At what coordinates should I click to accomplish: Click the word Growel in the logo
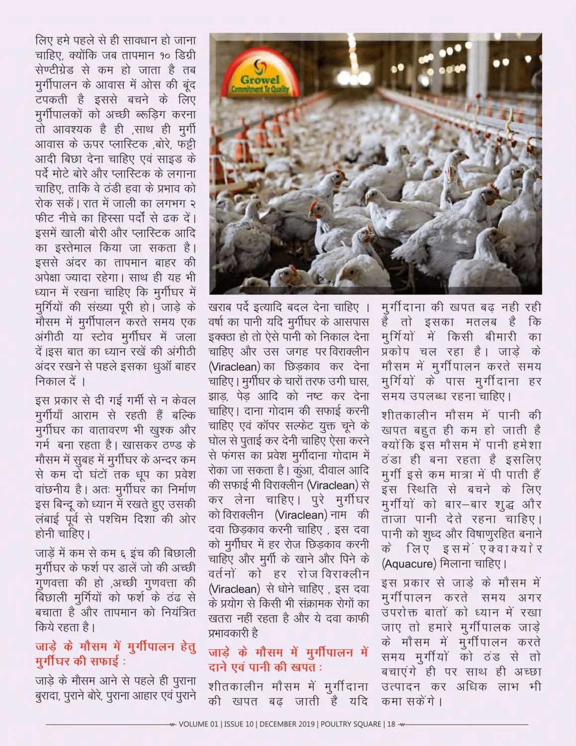pyautogui.click(x=260, y=80)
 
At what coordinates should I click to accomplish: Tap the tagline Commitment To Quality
pyautogui.click(x=260, y=90)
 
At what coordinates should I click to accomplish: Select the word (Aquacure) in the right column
pyautogui.click(x=409, y=564)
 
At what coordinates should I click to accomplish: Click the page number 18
pyautogui.click(x=391, y=724)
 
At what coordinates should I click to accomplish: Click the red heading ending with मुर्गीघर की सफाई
pyautogui.click(x=115, y=654)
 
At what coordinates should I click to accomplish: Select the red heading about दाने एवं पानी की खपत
pyautogui.click(x=288, y=659)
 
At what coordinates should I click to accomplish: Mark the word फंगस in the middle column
pyautogui.click(x=234, y=455)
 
